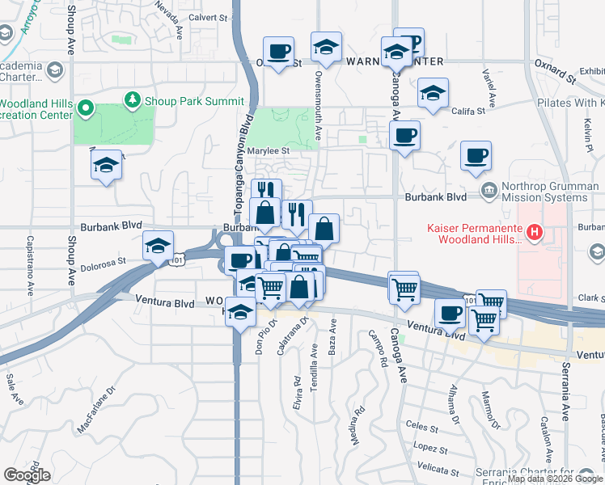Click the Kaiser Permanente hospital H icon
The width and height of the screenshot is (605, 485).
click(x=534, y=234)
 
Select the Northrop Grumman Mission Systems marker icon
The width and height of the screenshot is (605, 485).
click(x=488, y=191)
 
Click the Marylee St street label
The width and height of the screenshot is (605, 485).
click(x=269, y=150)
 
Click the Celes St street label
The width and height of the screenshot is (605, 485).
click(x=421, y=424)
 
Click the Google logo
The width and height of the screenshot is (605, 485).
click(x=27, y=475)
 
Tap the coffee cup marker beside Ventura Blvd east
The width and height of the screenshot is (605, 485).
click(x=450, y=313)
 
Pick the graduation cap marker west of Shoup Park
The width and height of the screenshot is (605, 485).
click(x=106, y=165)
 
